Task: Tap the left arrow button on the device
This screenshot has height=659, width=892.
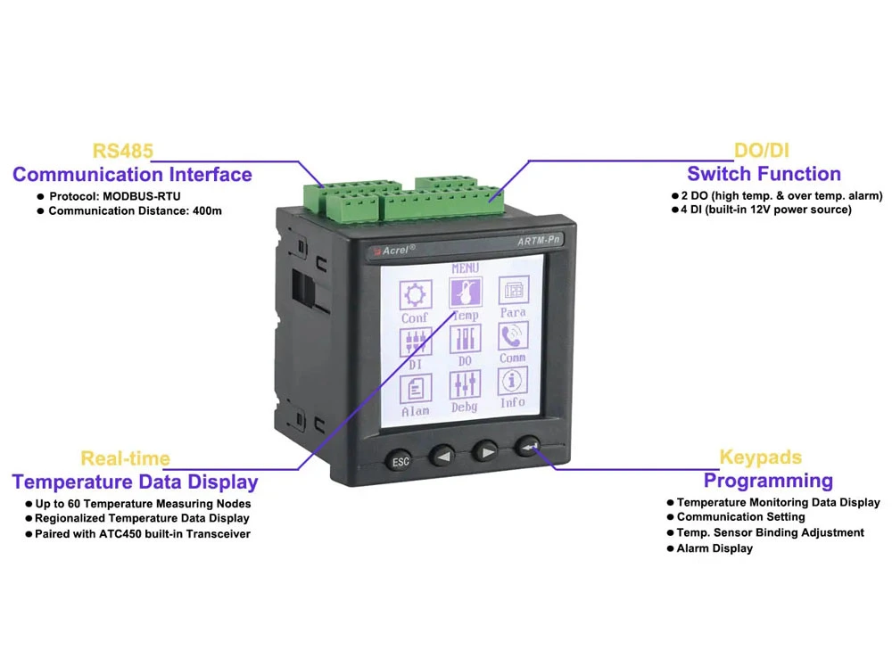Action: tap(442, 455)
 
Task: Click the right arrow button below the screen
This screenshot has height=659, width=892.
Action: tap(486, 452)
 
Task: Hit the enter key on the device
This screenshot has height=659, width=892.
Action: tap(528, 447)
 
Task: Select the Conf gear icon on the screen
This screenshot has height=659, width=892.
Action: tap(416, 294)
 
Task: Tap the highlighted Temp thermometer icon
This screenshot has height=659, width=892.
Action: tap(466, 292)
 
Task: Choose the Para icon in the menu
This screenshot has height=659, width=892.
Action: tap(514, 290)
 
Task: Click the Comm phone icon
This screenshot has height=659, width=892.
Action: tap(513, 336)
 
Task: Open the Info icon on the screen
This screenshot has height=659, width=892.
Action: tap(512, 381)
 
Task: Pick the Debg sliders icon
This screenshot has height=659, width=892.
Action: tap(465, 384)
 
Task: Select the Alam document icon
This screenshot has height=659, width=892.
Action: tap(416, 389)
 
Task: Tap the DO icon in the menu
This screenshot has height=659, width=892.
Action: tap(466, 339)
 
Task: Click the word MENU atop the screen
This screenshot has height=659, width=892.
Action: tap(466, 268)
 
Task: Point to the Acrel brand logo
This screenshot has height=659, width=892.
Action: tap(394, 251)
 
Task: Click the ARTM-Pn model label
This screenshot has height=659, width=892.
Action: tap(539, 241)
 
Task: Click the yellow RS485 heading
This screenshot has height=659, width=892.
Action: tap(123, 151)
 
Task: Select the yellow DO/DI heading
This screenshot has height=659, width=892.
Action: tap(762, 150)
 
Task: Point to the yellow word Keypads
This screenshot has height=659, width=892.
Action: tap(761, 457)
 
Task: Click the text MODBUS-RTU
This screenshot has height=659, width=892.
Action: tap(142, 196)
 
